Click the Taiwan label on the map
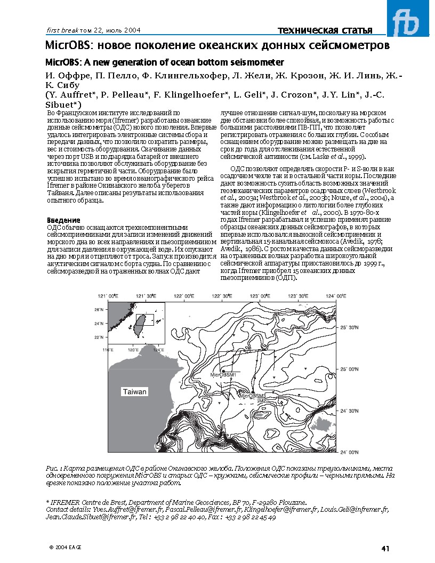[135, 392]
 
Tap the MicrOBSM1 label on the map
[223, 375]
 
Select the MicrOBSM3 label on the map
[253, 396]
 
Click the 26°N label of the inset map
[99, 309]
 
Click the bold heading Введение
[64, 220]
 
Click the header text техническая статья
[325, 30]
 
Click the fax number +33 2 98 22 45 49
[251, 517]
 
